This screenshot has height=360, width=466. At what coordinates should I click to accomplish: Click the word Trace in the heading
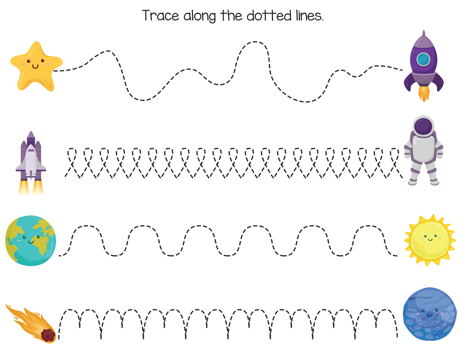pyautogui.click(x=160, y=16)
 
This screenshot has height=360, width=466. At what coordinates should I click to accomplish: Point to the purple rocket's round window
pyautogui.click(x=423, y=59)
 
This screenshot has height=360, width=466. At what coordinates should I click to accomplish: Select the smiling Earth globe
pyautogui.click(x=31, y=241)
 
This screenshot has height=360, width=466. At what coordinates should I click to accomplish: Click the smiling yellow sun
pyautogui.click(x=429, y=240)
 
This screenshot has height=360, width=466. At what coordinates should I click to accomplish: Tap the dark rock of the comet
pyautogui.click(x=48, y=336)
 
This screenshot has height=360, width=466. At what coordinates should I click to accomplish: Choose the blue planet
pyautogui.click(x=424, y=314)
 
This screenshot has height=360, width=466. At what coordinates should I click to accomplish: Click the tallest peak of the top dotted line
pyautogui.click(x=254, y=42)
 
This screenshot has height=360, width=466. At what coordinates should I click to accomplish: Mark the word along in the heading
pyautogui.click(x=198, y=16)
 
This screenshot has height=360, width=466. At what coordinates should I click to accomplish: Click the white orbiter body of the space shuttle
pyautogui.click(x=30, y=161)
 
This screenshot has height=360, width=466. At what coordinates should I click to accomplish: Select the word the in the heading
pyautogui.click(x=233, y=16)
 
